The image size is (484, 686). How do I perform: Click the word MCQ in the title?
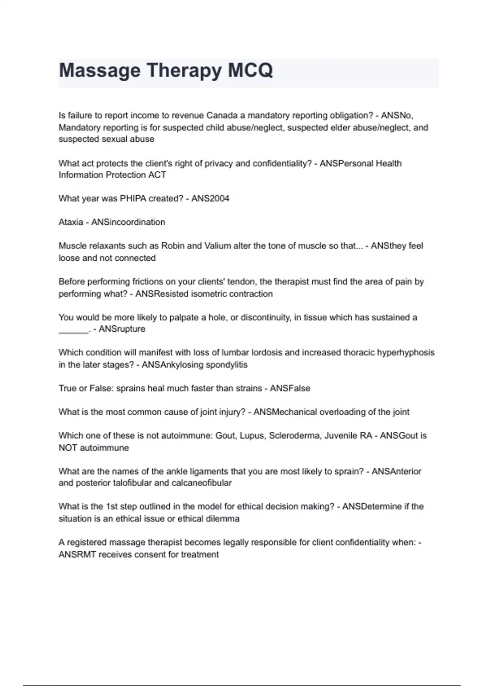pos(250,70)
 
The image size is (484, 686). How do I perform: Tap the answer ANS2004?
pos(210,199)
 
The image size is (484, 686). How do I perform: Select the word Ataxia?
pos(71,222)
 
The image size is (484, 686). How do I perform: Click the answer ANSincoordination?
pos(128,222)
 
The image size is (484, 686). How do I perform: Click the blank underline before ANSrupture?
pos(73,331)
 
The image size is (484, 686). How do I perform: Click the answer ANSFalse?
pos(290,389)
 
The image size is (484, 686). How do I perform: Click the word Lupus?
pos(251,436)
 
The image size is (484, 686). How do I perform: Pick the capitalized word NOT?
pos(68,448)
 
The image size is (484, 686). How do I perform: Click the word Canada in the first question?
pos(222,116)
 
